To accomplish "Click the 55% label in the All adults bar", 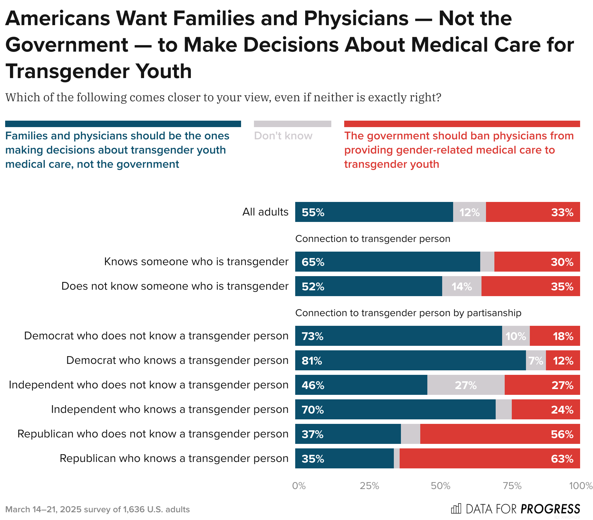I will click(x=313, y=212).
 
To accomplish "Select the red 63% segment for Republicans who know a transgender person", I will click(x=490, y=458).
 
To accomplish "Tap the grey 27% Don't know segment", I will click(x=466, y=385).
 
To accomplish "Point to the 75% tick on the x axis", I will click(x=512, y=486).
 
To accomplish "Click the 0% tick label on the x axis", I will click(x=299, y=486).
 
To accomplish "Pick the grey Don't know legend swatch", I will click(x=292, y=124).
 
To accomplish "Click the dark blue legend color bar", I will click(x=123, y=124).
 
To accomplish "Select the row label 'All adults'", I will click(x=265, y=212).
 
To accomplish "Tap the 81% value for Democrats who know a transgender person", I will click(x=312, y=361).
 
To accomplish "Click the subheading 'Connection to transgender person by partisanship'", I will click(x=408, y=313).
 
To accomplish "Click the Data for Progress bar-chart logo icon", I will click(x=456, y=509).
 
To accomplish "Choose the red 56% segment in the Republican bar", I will click(x=500, y=434).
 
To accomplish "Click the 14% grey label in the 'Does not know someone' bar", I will click(x=462, y=286).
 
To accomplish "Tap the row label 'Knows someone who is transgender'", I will click(x=196, y=261).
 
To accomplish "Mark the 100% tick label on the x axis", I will click(x=580, y=486).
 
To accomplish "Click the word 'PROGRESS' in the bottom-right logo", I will click(x=550, y=509).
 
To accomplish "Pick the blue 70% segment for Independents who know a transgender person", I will click(x=395, y=409).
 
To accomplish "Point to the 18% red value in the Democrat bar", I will click(x=563, y=336).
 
